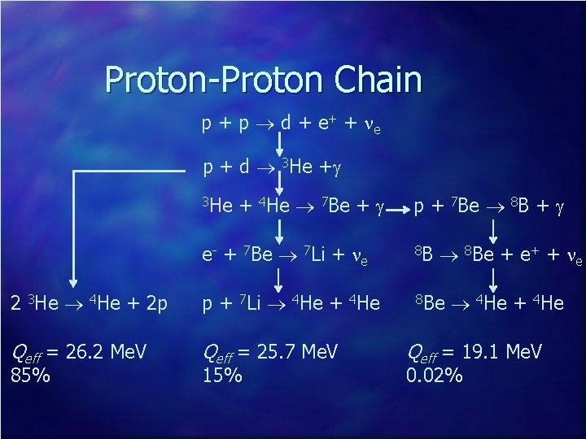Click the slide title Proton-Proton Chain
point(263,80)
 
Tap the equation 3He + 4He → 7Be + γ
point(291,206)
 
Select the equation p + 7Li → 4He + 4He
point(291,303)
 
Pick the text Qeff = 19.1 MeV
point(474,352)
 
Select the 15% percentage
point(221,376)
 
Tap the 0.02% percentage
point(435,376)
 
